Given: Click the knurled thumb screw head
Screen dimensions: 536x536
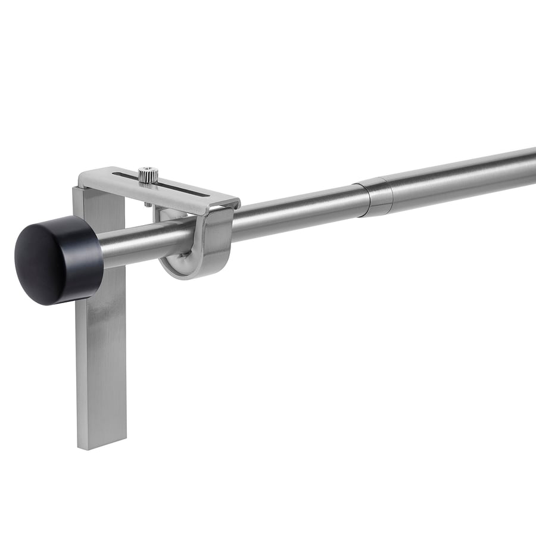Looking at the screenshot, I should pos(148,175).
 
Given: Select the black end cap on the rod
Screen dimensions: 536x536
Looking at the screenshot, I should pos(58,260).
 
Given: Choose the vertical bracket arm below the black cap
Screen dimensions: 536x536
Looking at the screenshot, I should pos(101,369).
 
